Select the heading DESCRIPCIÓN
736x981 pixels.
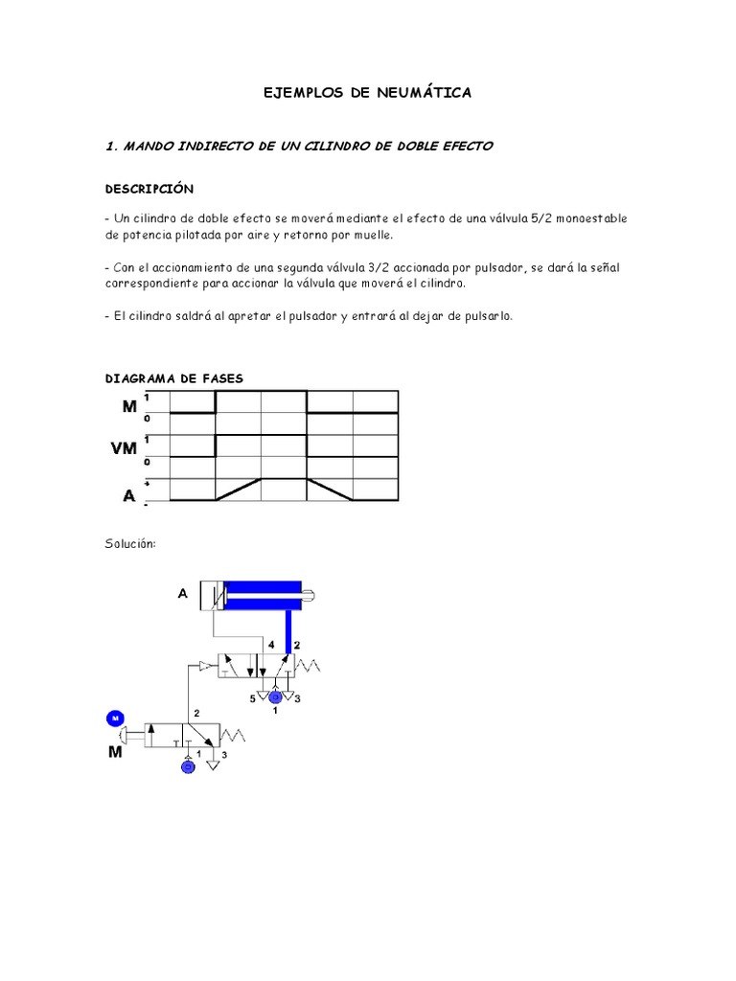click(x=149, y=189)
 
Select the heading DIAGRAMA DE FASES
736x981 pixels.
click(x=174, y=378)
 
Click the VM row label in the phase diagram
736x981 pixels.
click(x=124, y=448)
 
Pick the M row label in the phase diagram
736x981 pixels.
click(x=129, y=405)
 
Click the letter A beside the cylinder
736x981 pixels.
click(x=182, y=594)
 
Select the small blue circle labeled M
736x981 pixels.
click(x=114, y=718)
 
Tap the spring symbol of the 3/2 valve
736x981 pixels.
click(x=237, y=736)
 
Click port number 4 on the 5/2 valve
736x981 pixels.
click(x=271, y=645)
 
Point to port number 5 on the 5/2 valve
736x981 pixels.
click(x=253, y=699)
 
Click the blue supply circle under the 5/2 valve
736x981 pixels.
click(x=276, y=696)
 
